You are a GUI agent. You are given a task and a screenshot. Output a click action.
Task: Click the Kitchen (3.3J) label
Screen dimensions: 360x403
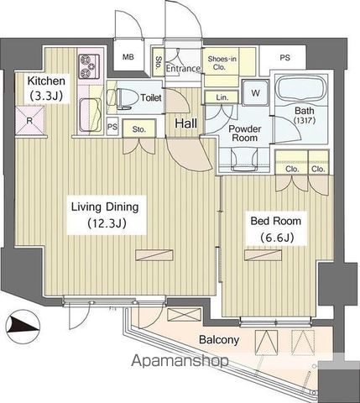(x=46, y=88)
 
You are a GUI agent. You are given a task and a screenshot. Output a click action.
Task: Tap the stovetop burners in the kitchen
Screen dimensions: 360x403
(x=89, y=66)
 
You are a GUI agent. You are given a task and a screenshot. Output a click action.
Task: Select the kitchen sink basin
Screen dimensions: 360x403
(x=90, y=115)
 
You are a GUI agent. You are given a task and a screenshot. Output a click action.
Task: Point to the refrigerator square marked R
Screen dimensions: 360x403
(x=29, y=121)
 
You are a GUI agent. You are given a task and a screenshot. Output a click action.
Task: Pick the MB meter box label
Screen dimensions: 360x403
(x=128, y=57)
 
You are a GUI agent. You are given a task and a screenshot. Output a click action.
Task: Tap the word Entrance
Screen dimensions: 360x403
(x=183, y=69)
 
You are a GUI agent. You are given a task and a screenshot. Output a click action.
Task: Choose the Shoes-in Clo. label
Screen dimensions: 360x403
(x=222, y=63)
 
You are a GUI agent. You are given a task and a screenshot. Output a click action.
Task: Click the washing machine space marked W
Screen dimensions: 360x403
(x=255, y=92)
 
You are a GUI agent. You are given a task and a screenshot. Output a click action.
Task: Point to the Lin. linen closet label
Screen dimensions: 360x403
(x=222, y=97)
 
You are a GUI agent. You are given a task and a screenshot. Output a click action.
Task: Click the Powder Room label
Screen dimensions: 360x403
(x=245, y=133)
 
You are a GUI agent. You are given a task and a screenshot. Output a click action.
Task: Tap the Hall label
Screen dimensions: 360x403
(x=186, y=123)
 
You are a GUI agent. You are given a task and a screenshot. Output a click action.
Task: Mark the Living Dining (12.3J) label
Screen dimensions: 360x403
(x=105, y=215)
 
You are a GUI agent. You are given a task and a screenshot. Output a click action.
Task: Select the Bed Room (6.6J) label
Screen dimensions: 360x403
(x=276, y=229)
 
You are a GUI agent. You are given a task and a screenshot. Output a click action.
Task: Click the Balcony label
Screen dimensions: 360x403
(x=219, y=340)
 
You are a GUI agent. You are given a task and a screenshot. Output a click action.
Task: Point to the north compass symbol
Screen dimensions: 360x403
(x=23, y=326)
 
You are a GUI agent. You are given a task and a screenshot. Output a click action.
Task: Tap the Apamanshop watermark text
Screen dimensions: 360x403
(x=180, y=360)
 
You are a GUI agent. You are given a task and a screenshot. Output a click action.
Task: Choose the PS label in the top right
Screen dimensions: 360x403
(x=284, y=58)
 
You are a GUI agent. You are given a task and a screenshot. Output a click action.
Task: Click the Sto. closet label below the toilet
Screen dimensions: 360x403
(x=139, y=129)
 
